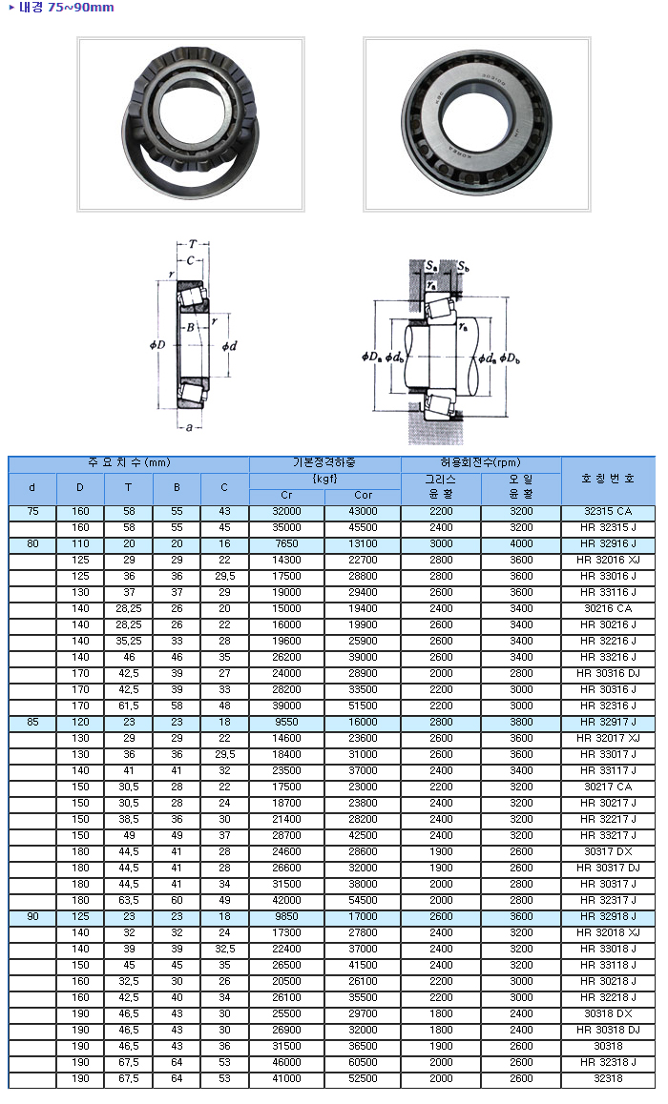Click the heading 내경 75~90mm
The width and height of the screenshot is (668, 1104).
pyautogui.click(x=66, y=8)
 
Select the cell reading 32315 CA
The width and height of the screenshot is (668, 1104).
pyautogui.click(x=607, y=511)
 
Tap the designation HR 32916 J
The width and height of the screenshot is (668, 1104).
pyautogui.click(x=607, y=543)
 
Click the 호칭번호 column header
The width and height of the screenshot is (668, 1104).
pyautogui.click(x=607, y=479)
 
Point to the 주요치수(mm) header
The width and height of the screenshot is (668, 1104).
pyautogui.click(x=128, y=463)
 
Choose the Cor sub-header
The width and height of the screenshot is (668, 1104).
pyautogui.click(x=363, y=495)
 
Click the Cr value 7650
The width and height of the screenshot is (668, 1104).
pyautogui.click(x=286, y=543)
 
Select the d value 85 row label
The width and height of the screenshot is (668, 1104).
pyautogui.click(x=32, y=722)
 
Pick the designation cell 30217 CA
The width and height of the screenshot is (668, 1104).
pyautogui.click(x=607, y=787)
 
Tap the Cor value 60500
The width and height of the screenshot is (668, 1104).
pyautogui.click(x=363, y=1062)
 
